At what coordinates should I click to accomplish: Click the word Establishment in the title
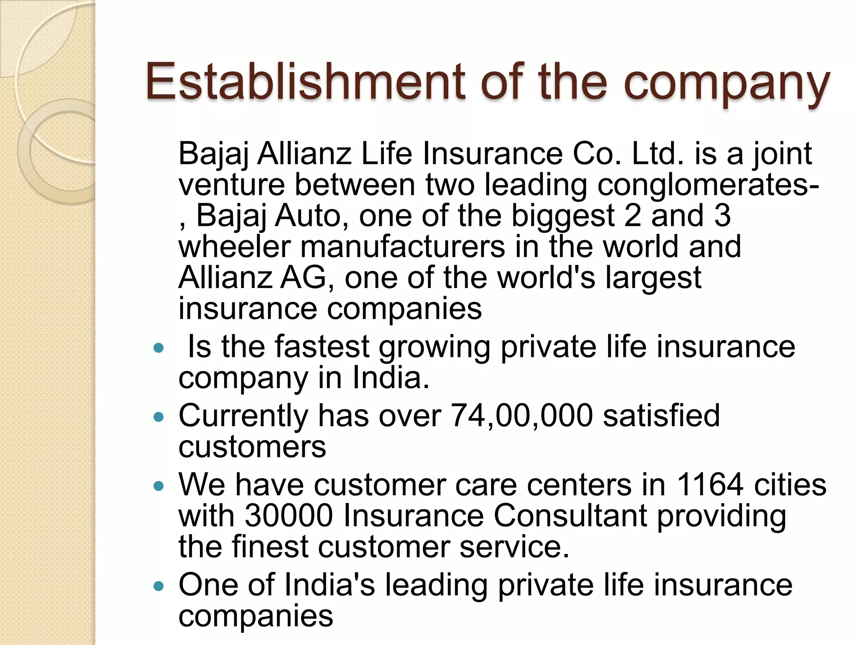point(305,81)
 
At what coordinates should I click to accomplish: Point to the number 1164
point(710,485)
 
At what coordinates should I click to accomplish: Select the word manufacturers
point(402,247)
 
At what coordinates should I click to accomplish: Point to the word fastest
point(322,347)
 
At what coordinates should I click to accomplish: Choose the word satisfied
point(661,416)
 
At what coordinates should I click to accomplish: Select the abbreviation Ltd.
point(657,154)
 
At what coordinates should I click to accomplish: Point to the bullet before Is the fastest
point(158,348)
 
